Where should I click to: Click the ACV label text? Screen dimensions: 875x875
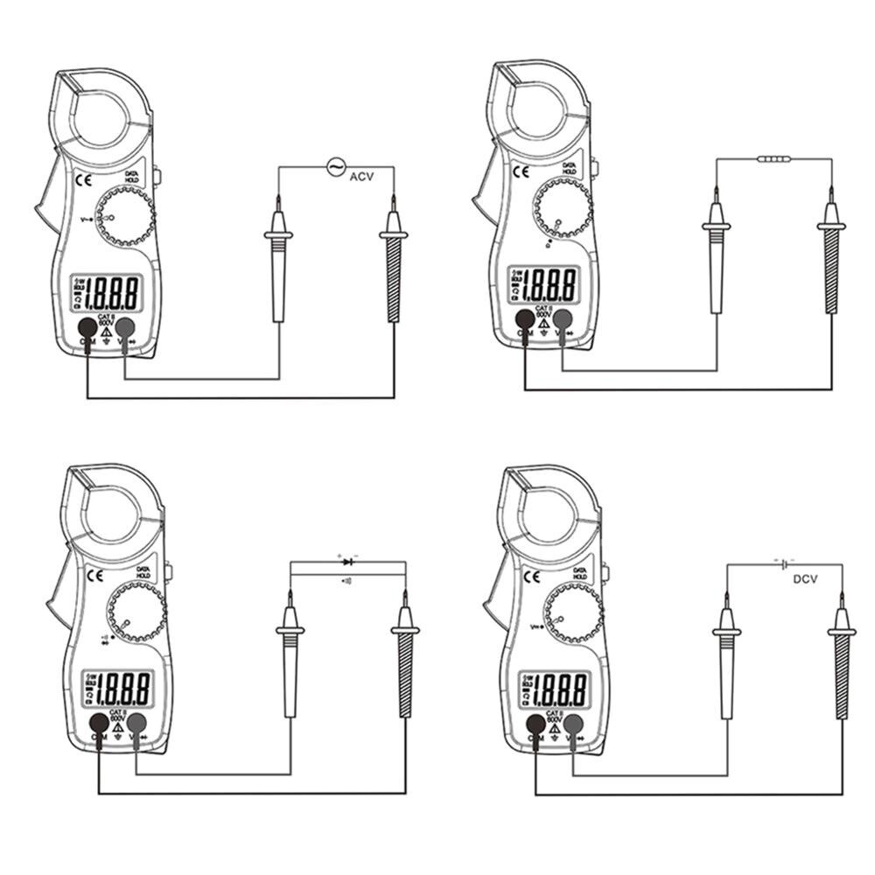click(361, 177)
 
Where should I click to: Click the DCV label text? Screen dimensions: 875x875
click(804, 578)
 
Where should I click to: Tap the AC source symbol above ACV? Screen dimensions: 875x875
click(336, 165)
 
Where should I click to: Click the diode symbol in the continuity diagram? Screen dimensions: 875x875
click(348, 561)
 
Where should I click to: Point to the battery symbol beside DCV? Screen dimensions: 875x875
click(784, 563)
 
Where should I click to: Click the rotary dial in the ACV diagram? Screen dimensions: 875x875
click(123, 215)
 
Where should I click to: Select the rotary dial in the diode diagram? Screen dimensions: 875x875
click(136, 612)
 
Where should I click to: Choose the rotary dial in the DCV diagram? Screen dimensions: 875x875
click(573, 612)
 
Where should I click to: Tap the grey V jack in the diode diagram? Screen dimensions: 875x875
click(136, 723)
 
